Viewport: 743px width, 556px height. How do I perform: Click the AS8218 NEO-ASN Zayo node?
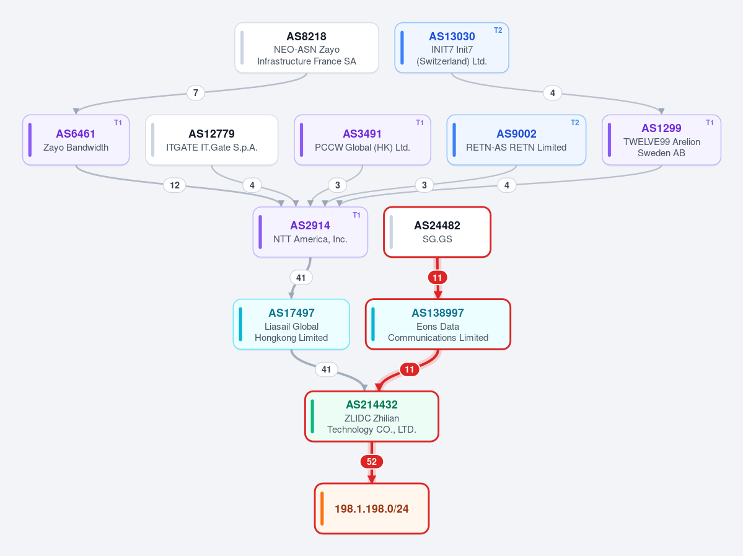(307, 48)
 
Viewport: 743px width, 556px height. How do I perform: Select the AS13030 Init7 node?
(452, 48)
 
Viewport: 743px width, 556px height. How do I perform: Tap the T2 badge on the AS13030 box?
(498, 30)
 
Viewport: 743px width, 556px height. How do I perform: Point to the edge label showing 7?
(196, 92)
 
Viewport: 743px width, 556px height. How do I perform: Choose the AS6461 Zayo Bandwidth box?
(76, 140)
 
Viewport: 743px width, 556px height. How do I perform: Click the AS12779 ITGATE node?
(211, 140)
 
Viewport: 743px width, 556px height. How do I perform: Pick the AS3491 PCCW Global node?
(363, 140)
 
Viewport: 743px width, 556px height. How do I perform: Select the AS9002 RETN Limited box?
(516, 140)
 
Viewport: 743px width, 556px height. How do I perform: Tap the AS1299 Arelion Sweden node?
(661, 140)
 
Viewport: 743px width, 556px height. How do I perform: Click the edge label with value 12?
(175, 185)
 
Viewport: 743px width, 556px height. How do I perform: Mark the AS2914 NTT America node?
(310, 232)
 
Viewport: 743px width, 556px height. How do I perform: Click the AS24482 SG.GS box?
(437, 232)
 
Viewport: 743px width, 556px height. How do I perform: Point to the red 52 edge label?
(372, 462)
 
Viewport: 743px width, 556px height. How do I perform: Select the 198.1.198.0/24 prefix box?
(372, 509)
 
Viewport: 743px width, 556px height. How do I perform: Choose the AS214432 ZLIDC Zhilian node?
(372, 416)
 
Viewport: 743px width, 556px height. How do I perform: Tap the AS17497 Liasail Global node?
(291, 324)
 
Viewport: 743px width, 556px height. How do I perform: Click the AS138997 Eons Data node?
(438, 324)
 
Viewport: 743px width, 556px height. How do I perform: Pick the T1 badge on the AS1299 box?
(710, 123)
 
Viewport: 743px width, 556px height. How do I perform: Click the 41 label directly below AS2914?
(301, 278)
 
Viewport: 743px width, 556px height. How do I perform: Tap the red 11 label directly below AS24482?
(437, 278)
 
